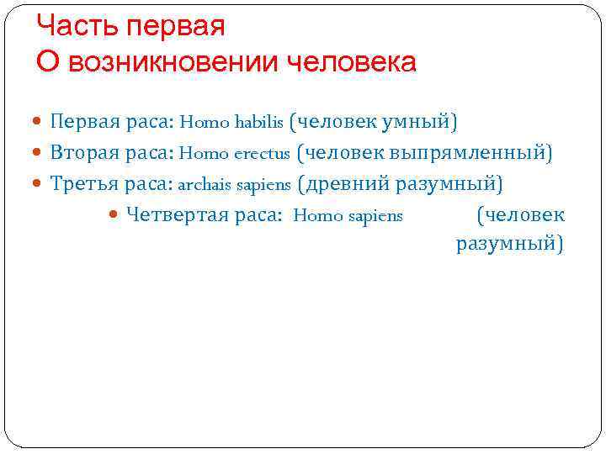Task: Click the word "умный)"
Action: click(x=420, y=123)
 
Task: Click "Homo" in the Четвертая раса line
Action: click(x=313, y=216)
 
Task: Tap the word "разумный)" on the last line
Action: click(x=510, y=244)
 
